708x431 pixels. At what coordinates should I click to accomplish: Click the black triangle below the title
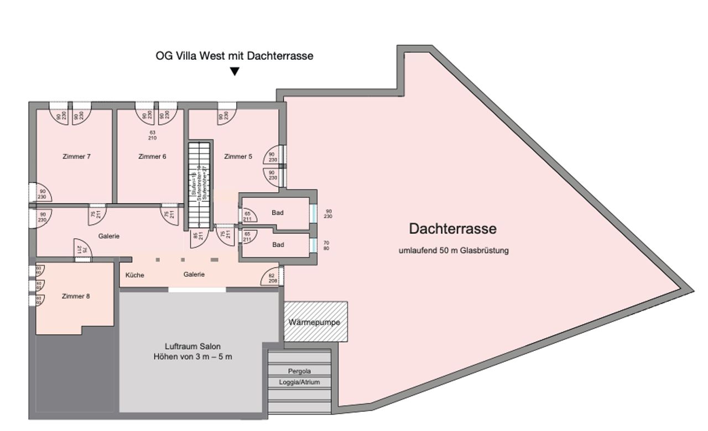[x=235, y=71]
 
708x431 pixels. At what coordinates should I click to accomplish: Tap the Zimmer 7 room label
[x=76, y=157]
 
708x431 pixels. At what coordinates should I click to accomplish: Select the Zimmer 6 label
[x=152, y=157]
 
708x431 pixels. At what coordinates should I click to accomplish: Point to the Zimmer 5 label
[x=238, y=157]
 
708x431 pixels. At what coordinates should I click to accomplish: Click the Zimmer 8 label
[x=76, y=296]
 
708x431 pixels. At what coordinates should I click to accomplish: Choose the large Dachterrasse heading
[x=452, y=228]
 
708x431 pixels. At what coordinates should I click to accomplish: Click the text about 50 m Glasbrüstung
[x=453, y=250]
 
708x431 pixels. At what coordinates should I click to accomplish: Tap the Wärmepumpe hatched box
[x=315, y=322]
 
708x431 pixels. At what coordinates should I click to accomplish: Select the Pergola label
[x=299, y=371]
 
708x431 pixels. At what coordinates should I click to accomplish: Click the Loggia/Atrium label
[x=299, y=382]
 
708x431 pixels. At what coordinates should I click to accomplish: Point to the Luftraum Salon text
[x=192, y=346]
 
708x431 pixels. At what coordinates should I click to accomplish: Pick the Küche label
[x=135, y=275]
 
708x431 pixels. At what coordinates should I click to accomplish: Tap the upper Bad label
[x=278, y=213]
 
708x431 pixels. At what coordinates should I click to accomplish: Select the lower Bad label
[x=278, y=244]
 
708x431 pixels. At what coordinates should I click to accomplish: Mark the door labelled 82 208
[x=272, y=278]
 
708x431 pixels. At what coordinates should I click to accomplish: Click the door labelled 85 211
[x=196, y=236]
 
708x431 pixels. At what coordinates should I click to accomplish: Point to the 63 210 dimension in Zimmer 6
[x=153, y=135]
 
